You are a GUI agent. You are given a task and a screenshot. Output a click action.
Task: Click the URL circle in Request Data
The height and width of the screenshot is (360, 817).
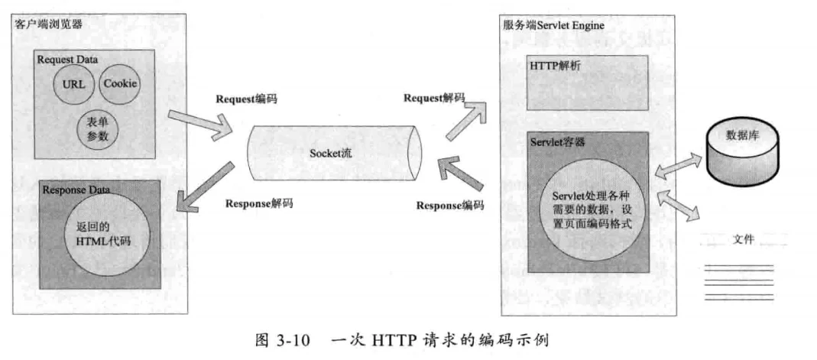(x=73, y=84)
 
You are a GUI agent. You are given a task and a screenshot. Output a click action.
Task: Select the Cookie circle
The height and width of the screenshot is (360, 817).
(x=120, y=83)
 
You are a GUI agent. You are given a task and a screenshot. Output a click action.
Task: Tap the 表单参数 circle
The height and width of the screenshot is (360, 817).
(x=97, y=128)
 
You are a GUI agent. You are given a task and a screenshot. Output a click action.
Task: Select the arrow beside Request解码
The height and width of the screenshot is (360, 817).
(x=466, y=121)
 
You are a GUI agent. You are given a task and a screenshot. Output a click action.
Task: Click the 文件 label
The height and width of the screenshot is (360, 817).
(x=743, y=240)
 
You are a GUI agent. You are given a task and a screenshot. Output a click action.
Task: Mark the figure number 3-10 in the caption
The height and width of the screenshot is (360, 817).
(x=296, y=342)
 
